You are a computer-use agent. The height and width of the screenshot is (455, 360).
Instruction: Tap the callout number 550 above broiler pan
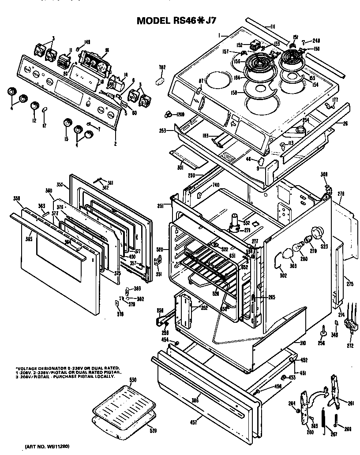[x=133, y=380]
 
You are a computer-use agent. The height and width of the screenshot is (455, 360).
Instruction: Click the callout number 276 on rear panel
[x=341, y=194]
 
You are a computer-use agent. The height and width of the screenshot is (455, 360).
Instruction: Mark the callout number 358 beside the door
[x=17, y=198]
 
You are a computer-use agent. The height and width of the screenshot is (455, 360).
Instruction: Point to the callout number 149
[x=87, y=42]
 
